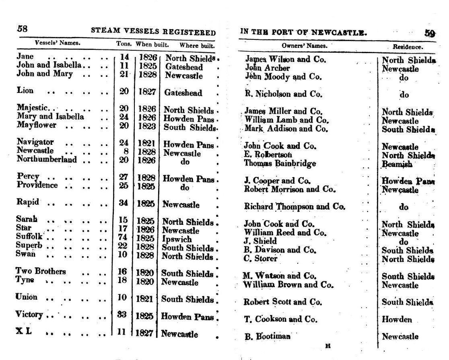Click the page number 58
[22, 29]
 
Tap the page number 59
[430, 33]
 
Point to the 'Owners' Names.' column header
[304, 45]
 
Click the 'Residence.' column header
[408, 47]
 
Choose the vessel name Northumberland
[46, 159]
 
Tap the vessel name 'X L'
[23, 332]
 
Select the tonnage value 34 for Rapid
[123, 203]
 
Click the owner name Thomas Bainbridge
[280, 163]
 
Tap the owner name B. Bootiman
[267, 336]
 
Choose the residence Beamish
[397, 164]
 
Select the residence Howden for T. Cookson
[397, 320]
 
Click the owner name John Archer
[267, 68]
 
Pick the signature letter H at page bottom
[328, 346]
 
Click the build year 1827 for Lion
[146, 92]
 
